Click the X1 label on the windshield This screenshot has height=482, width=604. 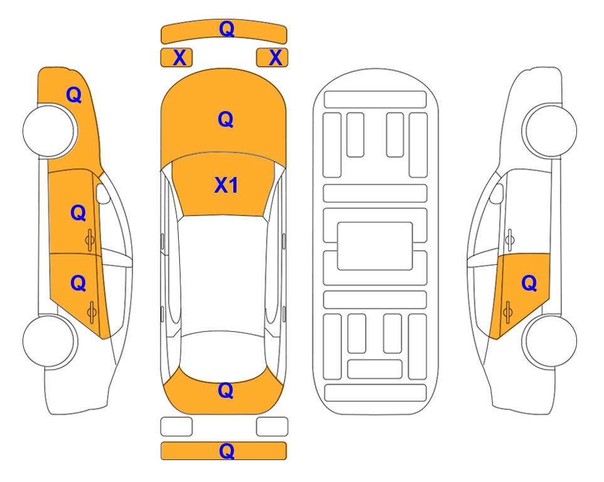pos(226,185)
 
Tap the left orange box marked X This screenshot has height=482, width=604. pos(176,58)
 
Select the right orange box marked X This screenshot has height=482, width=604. pos(272,58)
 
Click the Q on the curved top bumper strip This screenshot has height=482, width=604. pos(226,29)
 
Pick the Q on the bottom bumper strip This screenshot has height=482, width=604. pos(226,451)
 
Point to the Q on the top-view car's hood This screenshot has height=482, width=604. pos(226,119)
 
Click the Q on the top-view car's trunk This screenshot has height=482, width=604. pos(226,390)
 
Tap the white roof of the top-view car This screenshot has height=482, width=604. pos(223,274)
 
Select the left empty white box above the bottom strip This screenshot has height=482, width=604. pos(176,427)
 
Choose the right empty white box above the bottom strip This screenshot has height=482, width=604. pos(272,427)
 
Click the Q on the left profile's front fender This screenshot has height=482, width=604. pos(74,95)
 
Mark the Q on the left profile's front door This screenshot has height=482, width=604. pos(78,213)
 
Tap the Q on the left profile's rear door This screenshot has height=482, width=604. pos(78,284)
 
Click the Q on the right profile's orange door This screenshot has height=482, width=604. pos(529,284)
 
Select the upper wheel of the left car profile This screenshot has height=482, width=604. pos(50,131)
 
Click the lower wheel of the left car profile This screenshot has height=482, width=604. pos(50,341)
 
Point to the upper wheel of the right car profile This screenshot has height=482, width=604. pos(549,131)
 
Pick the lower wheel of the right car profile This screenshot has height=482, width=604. pos(549,341)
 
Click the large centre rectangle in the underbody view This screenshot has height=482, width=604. pos(375,246)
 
